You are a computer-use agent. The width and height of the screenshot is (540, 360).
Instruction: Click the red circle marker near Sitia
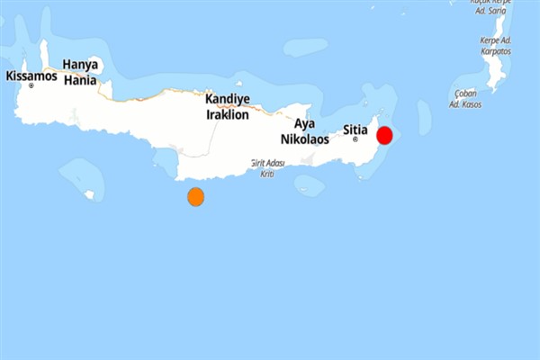384,136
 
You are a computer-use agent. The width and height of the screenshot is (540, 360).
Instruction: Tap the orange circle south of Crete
195,197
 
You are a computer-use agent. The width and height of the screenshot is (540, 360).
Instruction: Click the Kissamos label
31,76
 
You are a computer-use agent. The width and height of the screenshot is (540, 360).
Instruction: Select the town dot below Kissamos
31,85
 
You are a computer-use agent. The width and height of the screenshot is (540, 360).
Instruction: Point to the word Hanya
79,65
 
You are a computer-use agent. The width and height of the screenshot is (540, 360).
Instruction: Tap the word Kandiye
228,100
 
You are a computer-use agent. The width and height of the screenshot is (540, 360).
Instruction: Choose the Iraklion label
228,114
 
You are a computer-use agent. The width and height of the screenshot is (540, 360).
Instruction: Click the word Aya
304,123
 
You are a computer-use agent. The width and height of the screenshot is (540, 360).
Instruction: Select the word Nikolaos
304,139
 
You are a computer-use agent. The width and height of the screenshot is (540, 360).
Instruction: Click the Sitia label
355,130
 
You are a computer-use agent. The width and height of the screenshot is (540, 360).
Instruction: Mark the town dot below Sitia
355,139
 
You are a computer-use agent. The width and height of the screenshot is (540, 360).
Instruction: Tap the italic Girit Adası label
267,163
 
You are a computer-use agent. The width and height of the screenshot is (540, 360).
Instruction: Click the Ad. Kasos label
465,104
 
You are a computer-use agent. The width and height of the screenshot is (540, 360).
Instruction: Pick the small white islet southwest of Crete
89,193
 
